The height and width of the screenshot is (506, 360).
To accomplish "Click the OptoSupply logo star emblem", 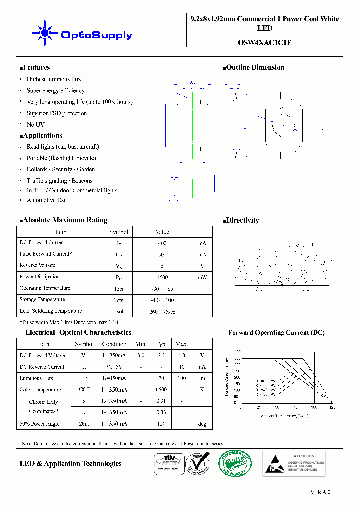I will point(45,33).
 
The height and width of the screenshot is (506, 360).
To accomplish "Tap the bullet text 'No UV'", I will point(35,124).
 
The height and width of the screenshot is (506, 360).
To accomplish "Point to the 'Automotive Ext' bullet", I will point(46,200).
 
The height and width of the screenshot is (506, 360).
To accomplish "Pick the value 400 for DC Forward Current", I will point(162,243).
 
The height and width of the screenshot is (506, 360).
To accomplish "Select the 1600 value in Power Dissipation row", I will point(162,277).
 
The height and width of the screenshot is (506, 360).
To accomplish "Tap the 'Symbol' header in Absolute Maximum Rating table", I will point(119,232).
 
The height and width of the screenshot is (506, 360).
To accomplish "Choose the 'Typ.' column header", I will point(161,344).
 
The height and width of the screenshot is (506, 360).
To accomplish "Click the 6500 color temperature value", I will point(161,390).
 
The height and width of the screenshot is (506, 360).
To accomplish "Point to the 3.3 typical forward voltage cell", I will point(161,355).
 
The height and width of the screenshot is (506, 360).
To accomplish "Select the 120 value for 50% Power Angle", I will point(161,424).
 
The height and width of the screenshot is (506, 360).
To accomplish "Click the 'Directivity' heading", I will point(242,220).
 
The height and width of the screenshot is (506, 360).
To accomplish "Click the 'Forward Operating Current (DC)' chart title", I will point(276,333).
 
